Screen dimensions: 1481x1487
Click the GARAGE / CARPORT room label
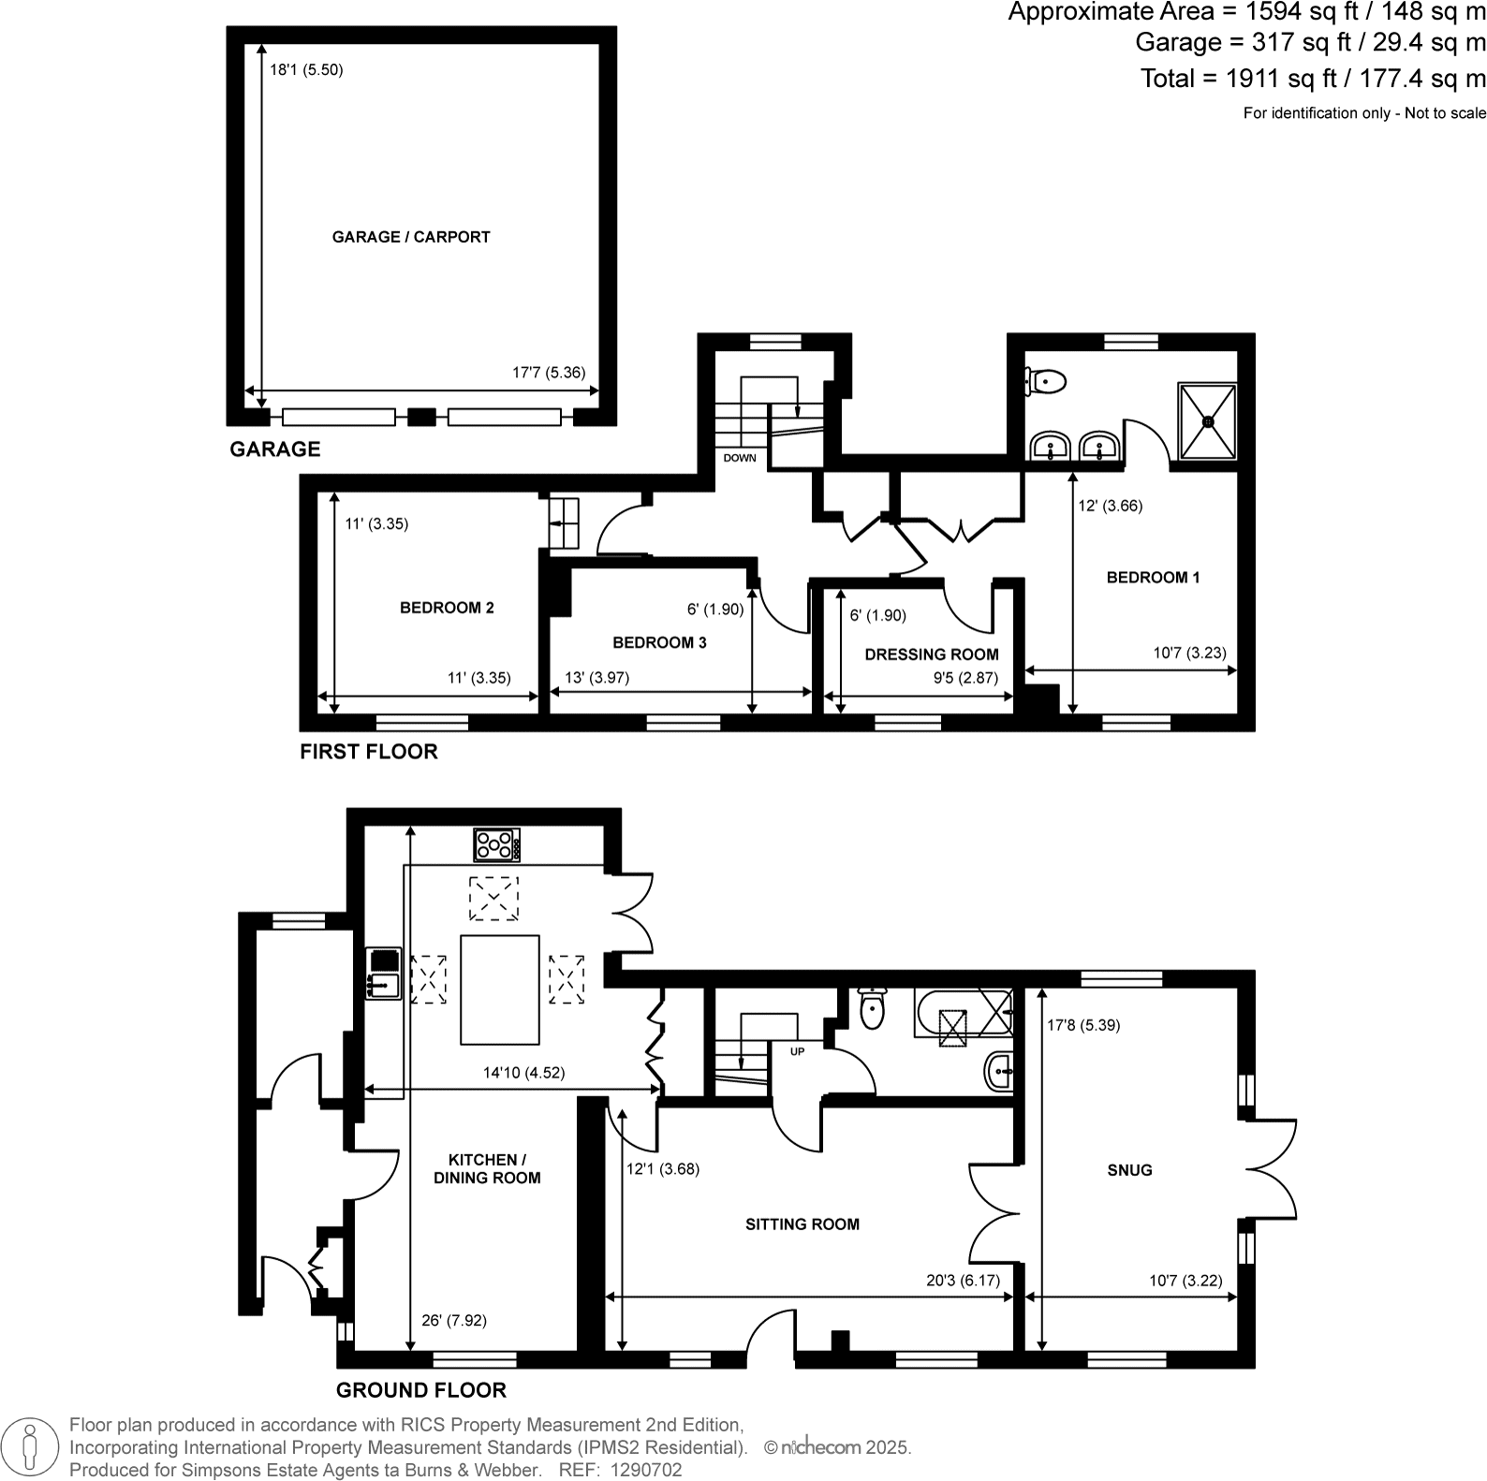pyautogui.click(x=411, y=237)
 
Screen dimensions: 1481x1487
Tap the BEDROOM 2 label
pyautogui.click(x=447, y=608)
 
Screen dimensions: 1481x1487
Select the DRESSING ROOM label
pyautogui.click(x=931, y=654)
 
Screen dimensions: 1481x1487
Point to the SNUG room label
pyautogui.click(x=1129, y=1170)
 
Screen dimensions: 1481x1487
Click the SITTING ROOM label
pyautogui.click(x=802, y=1224)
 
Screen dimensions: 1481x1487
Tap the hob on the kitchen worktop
pyautogui.click(x=497, y=845)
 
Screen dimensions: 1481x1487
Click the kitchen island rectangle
pyautogui.click(x=499, y=989)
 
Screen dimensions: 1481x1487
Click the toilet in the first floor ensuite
pyautogui.click(x=1046, y=381)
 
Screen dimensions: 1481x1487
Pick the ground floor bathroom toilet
pyautogui.click(x=872, y=1007)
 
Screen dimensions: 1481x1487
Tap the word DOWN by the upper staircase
pyautogui.click(x=740, y=458)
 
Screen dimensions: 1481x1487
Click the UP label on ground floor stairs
pyautogui.click(x=797, y=1051)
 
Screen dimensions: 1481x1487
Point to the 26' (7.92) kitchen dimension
pyautogui.click(x=454, y=1320)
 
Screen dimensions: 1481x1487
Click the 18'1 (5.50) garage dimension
pyautogui.click(x=306, y=69)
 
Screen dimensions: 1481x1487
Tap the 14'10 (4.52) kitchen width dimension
pyautogui.click(x=523, y=1073)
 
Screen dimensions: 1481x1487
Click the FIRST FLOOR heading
pyautogui.click(x=368, y=752)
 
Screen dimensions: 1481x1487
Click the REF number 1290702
pyautogui.click(x=646, y=1470)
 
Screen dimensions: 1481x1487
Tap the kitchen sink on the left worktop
pyautogui.click(x=384, y=984)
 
